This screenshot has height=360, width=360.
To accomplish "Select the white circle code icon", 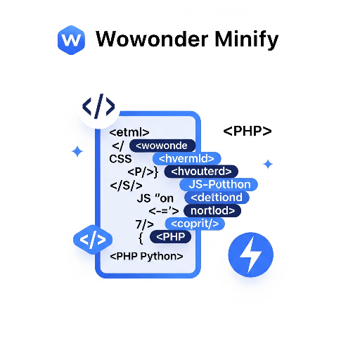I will click(x=98, y=107).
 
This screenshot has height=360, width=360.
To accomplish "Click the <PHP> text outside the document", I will click(x=247, y=131).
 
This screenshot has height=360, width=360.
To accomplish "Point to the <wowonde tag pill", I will click(x=162, y=146).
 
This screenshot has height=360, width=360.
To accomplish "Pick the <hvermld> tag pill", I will click(x=186, y=159).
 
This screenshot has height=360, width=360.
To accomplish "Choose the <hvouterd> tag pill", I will click(x=201, y=172).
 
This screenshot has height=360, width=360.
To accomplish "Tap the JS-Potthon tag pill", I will click(x=219, y=184).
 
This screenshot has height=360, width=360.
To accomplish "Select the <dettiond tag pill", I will click(x=217, y=198).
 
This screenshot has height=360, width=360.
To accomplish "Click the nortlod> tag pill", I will click(x=212, y=210).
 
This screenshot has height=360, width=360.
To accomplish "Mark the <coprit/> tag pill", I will click(x=195, y=224).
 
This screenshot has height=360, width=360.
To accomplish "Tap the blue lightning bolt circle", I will click(x=250, y=254).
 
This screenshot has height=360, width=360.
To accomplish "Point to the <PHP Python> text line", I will click(x=147, y=257).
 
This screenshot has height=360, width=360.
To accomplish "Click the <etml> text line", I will click(x=129, y=132).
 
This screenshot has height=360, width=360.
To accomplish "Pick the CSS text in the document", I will click(x=120, y=159).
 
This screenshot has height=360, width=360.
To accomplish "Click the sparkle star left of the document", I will click(x=77, y=151).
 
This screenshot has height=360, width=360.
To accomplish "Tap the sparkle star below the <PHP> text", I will click(x=268, y=164).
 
